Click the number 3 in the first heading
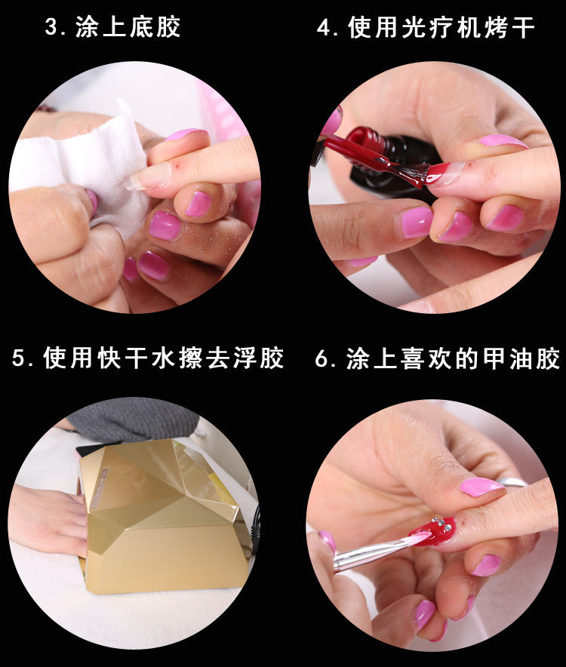(x=51, y=28)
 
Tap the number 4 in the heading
(x=324, y=28)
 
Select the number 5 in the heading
(x=19, y=358)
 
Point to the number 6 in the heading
(x=321, y=359)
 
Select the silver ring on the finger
(x=513, y=482)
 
